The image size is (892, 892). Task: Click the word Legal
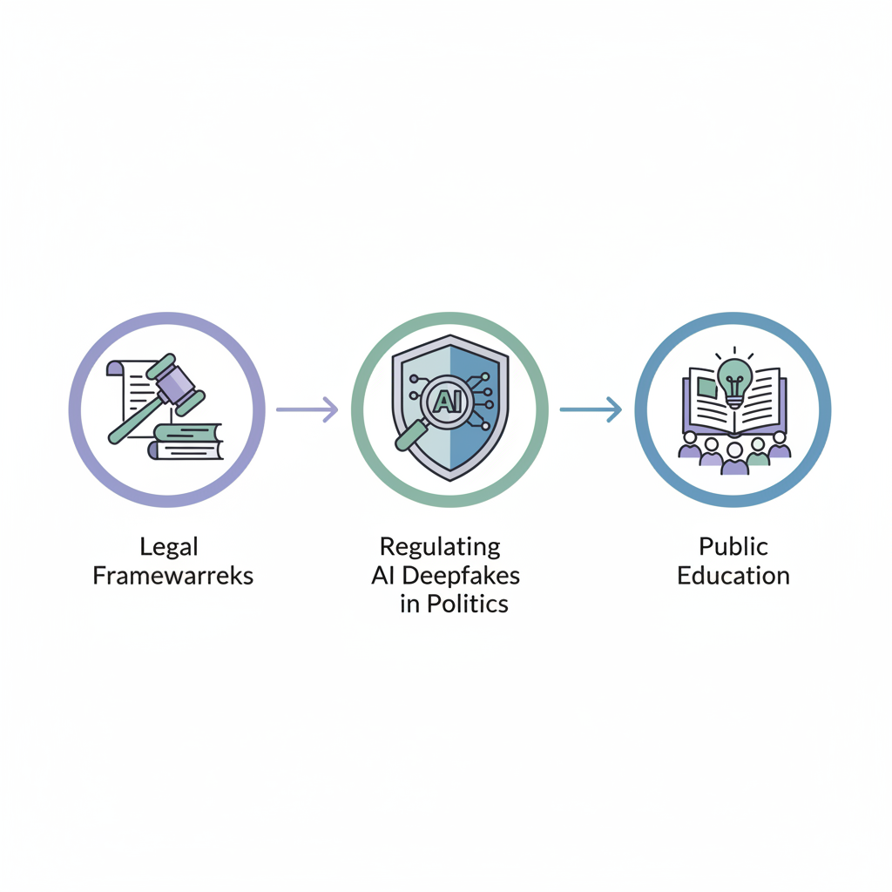pos(169,548)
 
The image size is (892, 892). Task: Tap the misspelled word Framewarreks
pos(172,576)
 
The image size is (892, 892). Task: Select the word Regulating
pos(440,547)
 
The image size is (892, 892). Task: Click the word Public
pos(733,547)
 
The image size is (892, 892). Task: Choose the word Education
pos(733,576)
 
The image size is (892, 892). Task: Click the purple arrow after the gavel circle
pos(307,409)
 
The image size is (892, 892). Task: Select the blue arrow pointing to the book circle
pos(591,409)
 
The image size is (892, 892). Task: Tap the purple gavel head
pos(178,382)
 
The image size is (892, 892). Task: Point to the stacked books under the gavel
pos(186,442)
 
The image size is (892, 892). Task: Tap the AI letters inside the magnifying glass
pos(443,402)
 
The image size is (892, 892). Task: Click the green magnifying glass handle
pos(408,438)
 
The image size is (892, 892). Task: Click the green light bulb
pos(734,376)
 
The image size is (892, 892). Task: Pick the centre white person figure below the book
pos(734,454)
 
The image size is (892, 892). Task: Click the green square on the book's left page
pos(707,388)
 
